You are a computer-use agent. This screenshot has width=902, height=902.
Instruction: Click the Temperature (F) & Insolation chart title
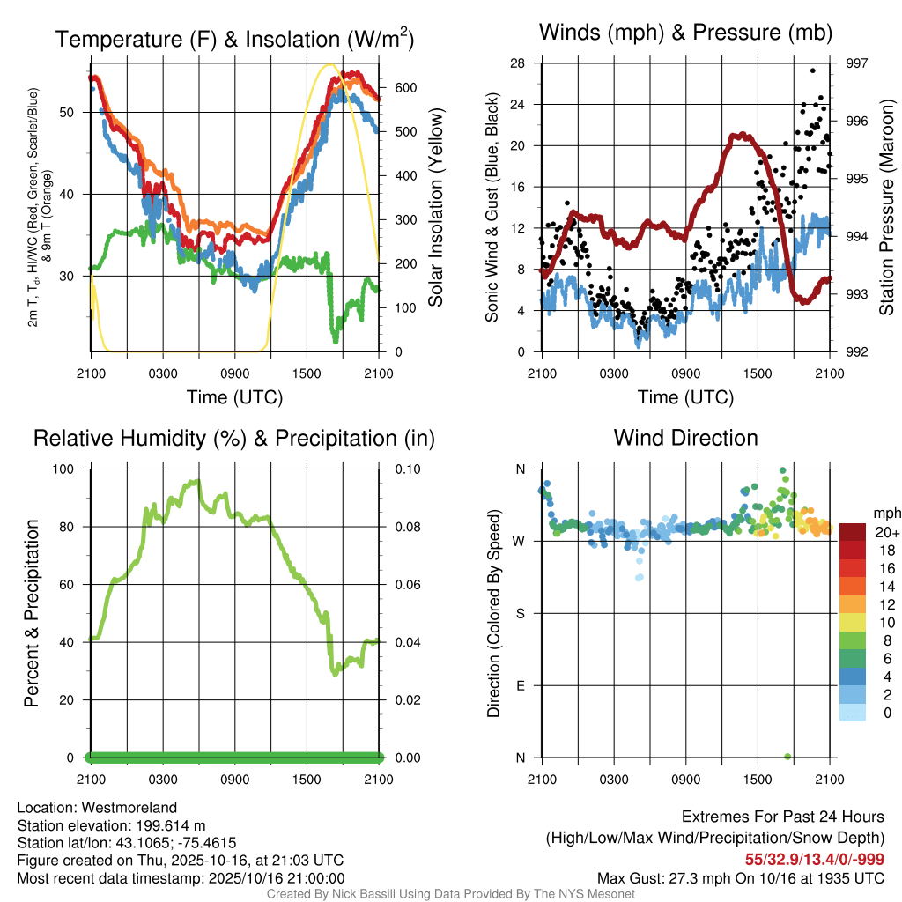coord(234,40)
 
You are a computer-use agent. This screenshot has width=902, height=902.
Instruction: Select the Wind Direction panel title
coord(685,438)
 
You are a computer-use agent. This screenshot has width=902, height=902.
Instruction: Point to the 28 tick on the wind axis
coord(518,63)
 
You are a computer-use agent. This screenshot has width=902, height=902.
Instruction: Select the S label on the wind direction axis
coord(519,613)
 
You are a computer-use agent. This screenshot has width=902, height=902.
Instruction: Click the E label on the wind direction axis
coord(519,685)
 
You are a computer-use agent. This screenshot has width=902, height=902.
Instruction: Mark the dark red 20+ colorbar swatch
coord(853,533)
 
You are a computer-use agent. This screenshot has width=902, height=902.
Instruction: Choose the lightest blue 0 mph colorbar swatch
coord(853,713)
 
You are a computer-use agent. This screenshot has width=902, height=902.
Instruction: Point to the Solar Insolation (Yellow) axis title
coord(435,208)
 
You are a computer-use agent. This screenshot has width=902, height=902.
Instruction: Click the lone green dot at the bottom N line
coord(787,757)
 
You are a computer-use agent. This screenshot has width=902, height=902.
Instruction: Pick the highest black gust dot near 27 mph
coord(812,70)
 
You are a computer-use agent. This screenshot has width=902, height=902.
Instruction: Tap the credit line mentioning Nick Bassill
coord(450,894)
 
